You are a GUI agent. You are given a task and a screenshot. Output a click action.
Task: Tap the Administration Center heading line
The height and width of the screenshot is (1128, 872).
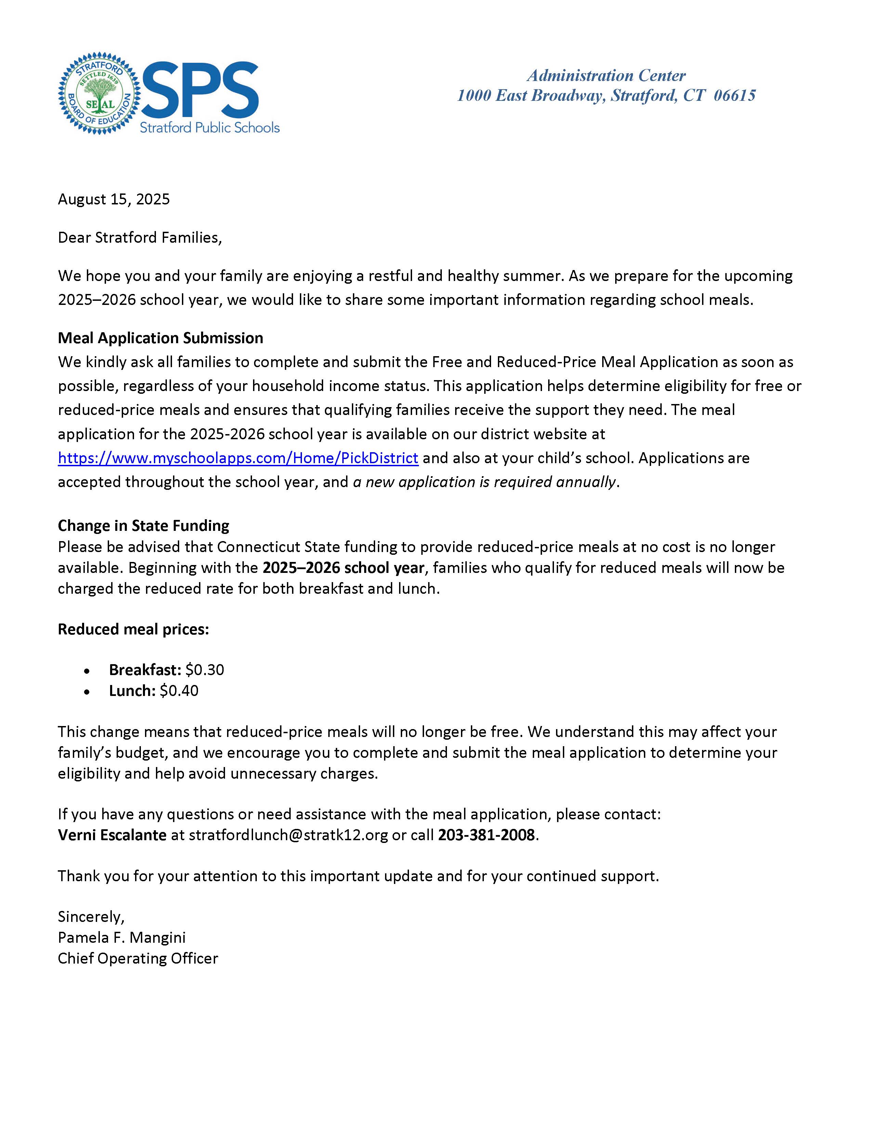tap(606, 76)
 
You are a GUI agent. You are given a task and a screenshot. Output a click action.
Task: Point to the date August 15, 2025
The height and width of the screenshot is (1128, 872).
tap(114, 199)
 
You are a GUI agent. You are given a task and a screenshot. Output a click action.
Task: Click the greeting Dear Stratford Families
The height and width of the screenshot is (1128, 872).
tap(140, 238)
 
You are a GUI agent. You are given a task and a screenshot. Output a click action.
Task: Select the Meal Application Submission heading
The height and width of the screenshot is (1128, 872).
tap(160, 338)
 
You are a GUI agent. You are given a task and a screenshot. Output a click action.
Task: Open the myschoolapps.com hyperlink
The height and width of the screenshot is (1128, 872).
tap(238, 458)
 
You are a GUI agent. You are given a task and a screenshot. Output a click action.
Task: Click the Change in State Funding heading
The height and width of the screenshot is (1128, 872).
tap(143, 526)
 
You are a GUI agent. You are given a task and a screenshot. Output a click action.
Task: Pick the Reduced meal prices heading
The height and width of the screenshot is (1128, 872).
tap(133, 630)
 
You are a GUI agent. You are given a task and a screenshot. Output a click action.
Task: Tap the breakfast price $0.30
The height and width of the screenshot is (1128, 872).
tap(204, 670)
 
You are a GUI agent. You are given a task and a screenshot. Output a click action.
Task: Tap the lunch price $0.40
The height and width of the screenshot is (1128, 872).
tap(179, 691)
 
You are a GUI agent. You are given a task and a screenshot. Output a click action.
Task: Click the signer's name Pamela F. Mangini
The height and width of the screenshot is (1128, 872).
tap(121, 937)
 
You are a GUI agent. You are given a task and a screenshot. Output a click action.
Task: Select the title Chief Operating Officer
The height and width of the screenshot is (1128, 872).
tap(138, 958)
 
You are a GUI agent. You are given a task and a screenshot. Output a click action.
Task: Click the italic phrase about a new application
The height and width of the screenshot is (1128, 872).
tap(485, 482)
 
